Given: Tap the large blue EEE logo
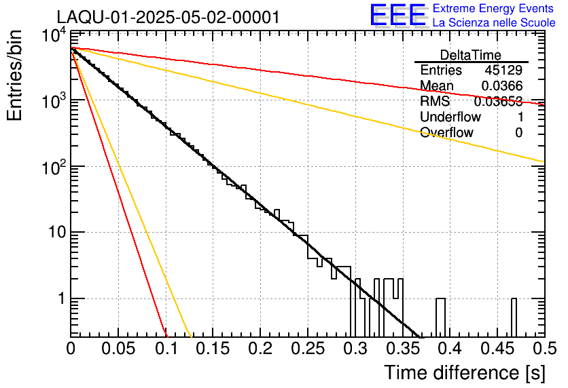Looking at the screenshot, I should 397,15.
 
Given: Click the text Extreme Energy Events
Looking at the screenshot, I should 493,9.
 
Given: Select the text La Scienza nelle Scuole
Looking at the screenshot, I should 494,22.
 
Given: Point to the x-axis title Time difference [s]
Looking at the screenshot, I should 464,372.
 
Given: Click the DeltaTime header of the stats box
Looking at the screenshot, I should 470,55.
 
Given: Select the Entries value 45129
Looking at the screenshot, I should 503,71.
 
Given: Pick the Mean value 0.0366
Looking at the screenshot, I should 501,85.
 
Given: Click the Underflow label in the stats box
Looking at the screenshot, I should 450,117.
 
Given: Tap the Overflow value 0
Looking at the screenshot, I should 518,133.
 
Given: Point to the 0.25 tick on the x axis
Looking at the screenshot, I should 308,349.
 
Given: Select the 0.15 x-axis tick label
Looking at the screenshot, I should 213,349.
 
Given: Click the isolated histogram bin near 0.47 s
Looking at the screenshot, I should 514,316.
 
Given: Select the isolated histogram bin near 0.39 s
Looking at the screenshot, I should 440,316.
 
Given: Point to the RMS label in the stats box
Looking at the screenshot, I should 435,102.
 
